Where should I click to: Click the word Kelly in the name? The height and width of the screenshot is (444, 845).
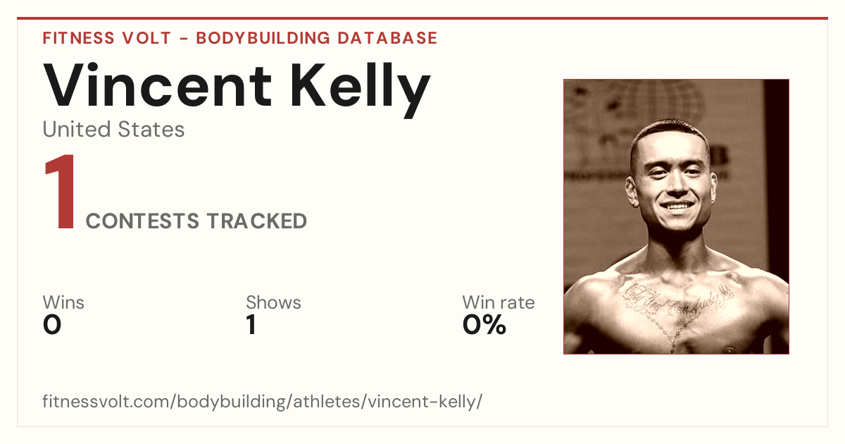click(361, 90)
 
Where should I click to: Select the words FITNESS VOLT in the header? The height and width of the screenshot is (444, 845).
click(107, 38)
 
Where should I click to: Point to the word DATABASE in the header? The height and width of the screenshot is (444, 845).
click(387, 38)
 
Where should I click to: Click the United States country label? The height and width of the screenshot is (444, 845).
click(113, 129)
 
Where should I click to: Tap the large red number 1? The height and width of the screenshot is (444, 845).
click(61, 192)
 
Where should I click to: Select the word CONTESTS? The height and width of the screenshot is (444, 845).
click(142, 221)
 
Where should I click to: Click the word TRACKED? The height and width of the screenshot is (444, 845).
click(257, 221)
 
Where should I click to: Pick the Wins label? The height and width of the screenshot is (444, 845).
click(63, 302)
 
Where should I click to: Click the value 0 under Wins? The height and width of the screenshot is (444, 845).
click(52, 325)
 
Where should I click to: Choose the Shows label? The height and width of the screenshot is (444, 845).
click(273, 302)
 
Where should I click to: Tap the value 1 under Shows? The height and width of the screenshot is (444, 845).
click(251, 325)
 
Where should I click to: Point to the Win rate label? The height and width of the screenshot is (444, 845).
click(499, 302)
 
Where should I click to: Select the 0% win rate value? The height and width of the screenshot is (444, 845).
click(484, 325)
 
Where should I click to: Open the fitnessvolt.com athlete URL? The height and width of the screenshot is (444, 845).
click(262, 401)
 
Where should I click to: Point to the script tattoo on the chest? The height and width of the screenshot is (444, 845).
click(678, 300)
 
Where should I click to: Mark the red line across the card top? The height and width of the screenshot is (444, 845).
click(423, 18)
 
